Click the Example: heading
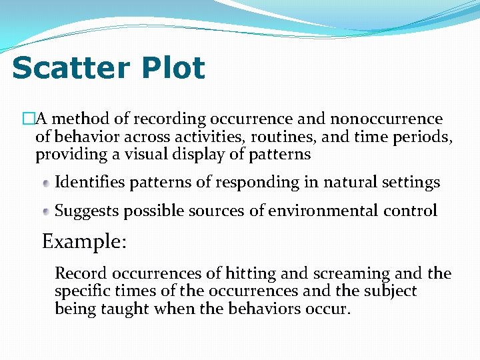84,241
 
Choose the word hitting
252,274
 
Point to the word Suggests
84,211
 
